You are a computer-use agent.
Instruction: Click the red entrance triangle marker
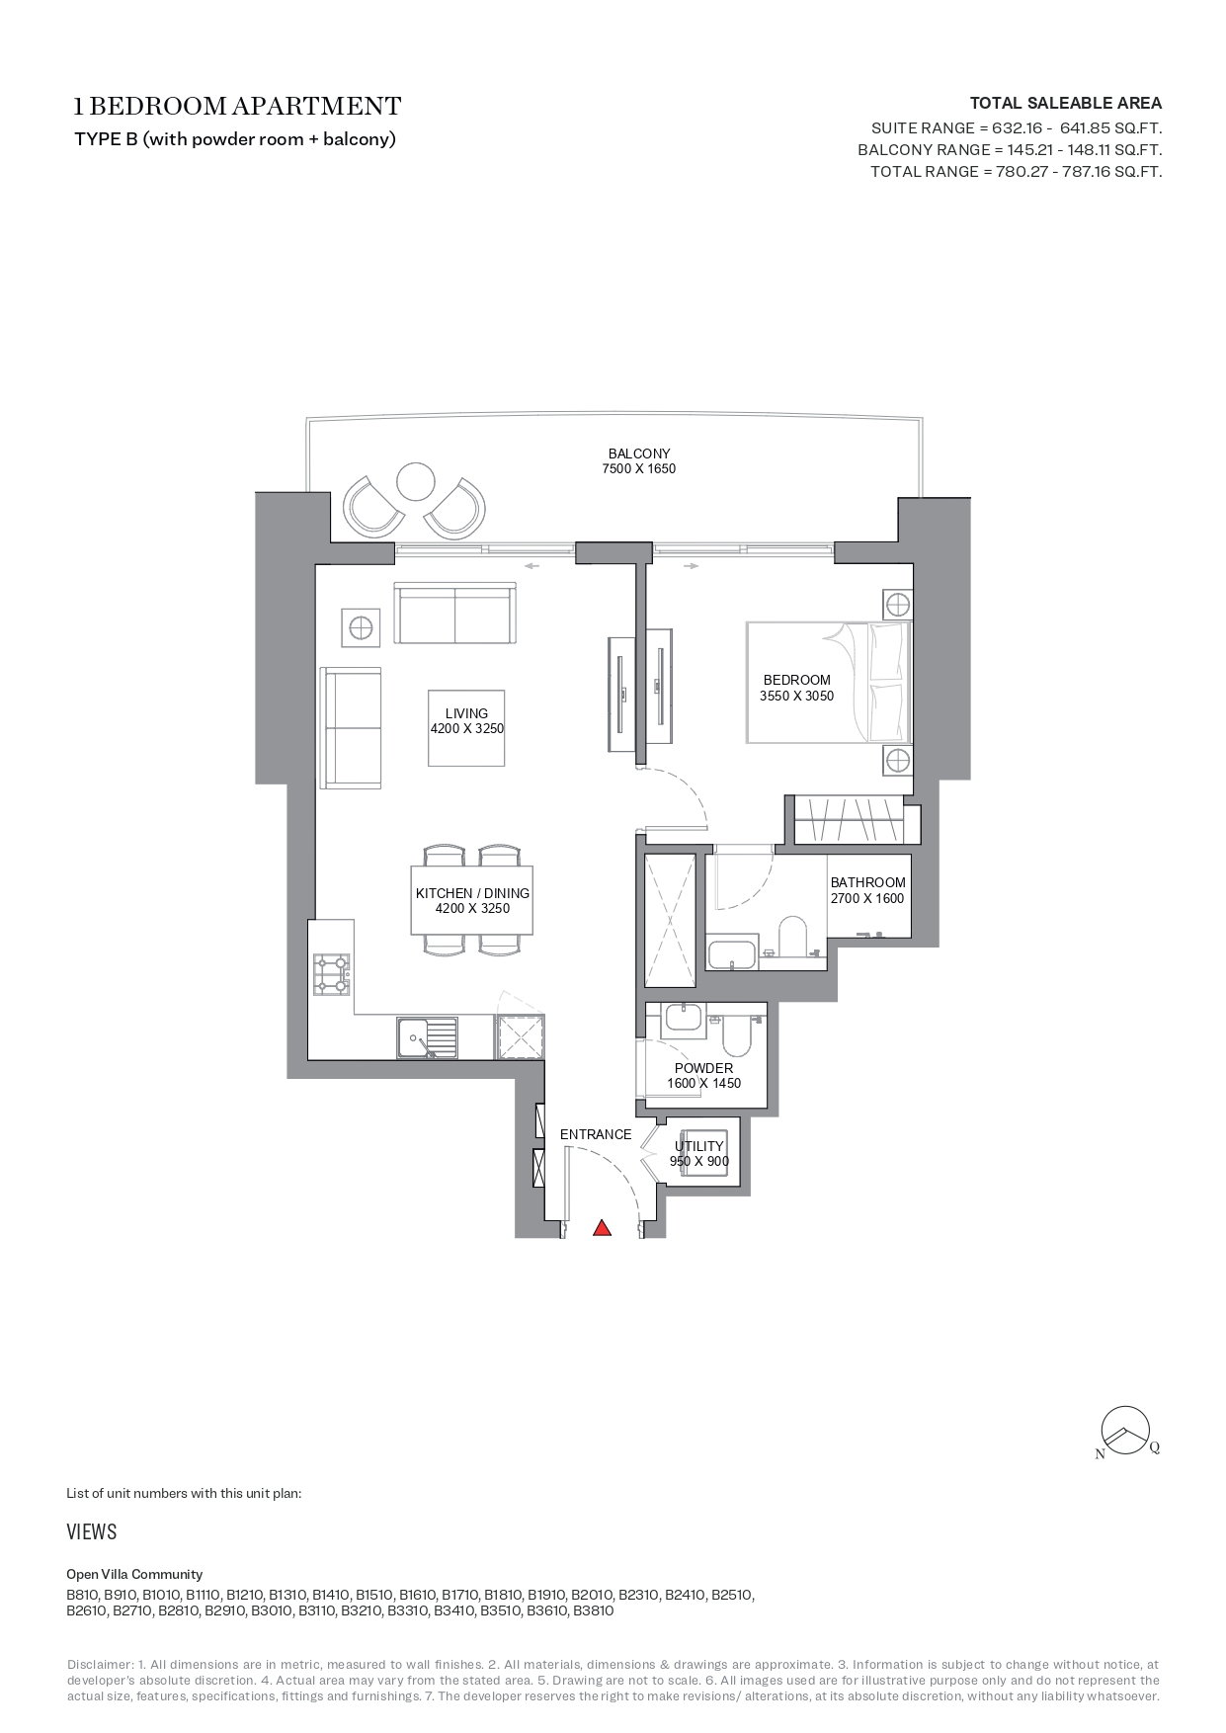[602, 1228]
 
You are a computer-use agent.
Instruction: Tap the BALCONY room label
[638, 454]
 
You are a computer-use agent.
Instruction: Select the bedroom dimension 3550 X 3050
[796, 696]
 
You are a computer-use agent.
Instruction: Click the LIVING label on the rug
[466, 713]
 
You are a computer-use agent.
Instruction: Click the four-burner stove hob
[331, 973]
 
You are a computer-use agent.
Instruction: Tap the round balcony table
[415, 482]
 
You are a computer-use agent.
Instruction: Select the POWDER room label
[703, 1068]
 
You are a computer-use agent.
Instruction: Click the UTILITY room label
[698, 1146]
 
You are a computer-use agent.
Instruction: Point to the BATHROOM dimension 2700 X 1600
[867, 898]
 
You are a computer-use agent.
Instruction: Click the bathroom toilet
[792, 937]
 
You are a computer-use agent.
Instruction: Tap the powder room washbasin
[682, 1017]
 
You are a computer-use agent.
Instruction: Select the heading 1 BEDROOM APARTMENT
[238, 106]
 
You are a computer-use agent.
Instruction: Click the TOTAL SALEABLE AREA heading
[1065, 103]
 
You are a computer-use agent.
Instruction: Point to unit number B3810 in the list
[594, 1610]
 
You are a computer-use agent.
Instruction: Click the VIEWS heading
[91, 1532]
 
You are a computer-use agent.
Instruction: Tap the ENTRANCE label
[596, 1134]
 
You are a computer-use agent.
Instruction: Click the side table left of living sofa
[360, 627]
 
